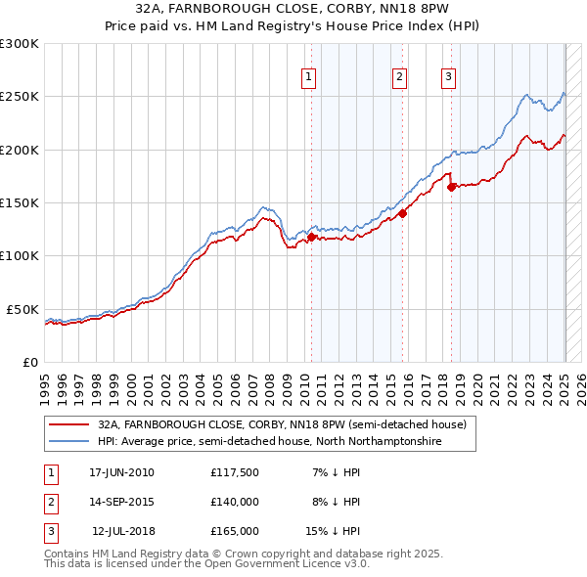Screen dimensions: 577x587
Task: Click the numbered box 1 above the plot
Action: pos(308,77)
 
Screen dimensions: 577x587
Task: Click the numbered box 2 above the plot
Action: pos(400,77)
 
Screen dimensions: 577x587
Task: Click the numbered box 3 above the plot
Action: pos(448,77)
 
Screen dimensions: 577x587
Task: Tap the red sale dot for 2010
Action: pos(312,237)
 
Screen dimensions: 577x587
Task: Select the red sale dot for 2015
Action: pos(402,213)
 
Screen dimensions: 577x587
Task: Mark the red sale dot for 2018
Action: pos(451,187)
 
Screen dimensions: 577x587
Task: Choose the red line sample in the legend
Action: pos(68,424)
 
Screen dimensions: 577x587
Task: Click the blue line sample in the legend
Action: pos(68,442)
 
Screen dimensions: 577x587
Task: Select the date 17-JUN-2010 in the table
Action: pos(121,471)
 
